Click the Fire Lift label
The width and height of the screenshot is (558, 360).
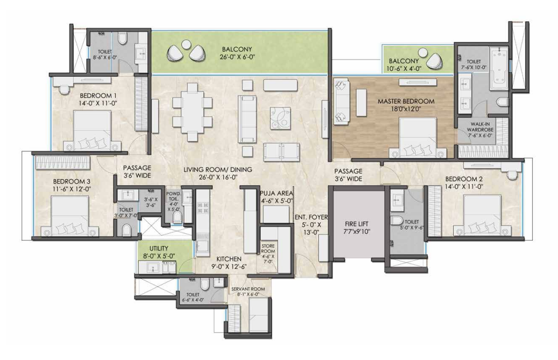click(x=357, y=224)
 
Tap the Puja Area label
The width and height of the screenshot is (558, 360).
click(x=276, y=193)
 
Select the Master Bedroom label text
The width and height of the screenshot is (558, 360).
click(x=406, y=101)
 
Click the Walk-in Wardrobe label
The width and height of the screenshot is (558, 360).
click(x=480, y=127)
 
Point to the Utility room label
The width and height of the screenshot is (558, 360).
click(x=159, y=248)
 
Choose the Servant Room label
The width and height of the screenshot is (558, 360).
click(x=248, y=289)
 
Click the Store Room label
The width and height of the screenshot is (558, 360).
click(x=268, y=248)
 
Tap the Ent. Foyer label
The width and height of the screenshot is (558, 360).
click(x=311, y=217)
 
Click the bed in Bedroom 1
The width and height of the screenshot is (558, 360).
click(x=93, y=131)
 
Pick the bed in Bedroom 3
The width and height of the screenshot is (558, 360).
click(x=69, y=216)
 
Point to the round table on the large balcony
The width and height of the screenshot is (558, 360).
click(x=185, y=45)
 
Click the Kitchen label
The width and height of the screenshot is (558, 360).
click(x=229, y=259)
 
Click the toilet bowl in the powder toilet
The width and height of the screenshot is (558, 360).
click(x=177, y=217)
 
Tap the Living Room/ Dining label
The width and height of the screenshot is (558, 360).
click(x=218, y=170)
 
